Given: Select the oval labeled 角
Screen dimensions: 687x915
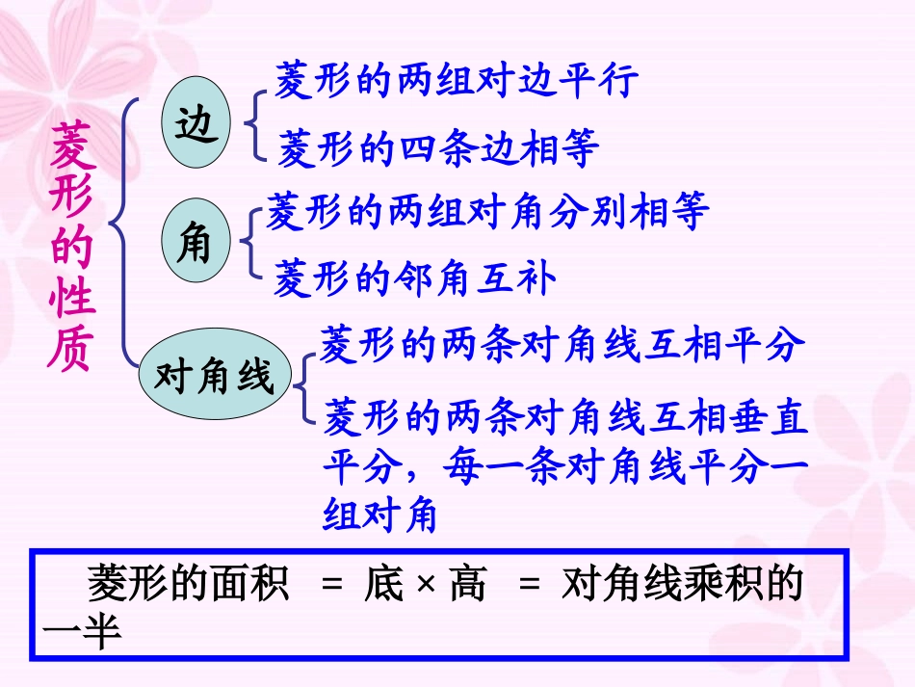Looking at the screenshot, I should click(195, 242).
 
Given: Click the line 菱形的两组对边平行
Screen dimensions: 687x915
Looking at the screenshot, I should click(457, 82).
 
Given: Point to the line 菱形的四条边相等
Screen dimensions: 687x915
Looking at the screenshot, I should click(438, 149).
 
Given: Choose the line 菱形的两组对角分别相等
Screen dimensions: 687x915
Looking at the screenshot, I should click(487, 211).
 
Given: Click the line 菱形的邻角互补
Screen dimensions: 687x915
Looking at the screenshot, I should click(415, 278).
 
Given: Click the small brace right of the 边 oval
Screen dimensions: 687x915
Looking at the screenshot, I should click(254, 123).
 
